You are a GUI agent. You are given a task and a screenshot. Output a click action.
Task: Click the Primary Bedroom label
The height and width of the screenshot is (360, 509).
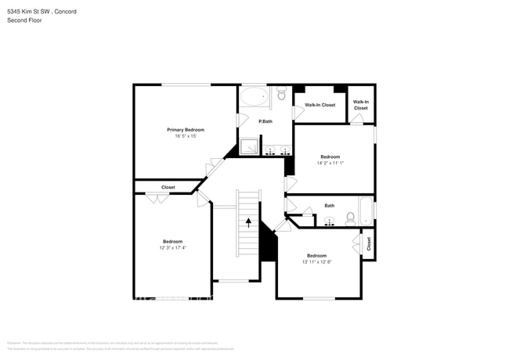click(x=186, y=129)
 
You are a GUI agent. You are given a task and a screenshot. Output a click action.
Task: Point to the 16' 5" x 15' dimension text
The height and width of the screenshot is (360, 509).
click(x=186, y=136)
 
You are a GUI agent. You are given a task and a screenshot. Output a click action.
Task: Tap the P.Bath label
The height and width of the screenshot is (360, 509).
click(x=265, y=121)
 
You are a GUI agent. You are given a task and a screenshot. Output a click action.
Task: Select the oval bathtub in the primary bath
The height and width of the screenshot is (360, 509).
click(x=254, y=98)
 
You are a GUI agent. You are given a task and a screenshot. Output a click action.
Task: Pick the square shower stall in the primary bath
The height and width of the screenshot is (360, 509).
click(x=251, y=146)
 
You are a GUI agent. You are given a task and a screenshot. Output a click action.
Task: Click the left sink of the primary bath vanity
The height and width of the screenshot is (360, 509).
click(x=271, y=149)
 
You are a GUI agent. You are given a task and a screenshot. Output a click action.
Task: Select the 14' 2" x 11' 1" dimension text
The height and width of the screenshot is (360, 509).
click(x=330, y=163)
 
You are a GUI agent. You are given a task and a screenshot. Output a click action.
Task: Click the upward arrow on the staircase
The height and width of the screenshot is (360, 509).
click(x=248, y=222)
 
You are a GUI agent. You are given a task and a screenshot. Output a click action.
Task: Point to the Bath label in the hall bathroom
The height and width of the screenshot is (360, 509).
click(x=330, y=206)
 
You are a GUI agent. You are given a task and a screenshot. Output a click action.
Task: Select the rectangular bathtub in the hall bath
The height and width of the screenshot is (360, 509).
click(x=366, y=212)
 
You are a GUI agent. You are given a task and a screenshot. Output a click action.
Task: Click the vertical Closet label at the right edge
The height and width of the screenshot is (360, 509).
click(x=368, y=244)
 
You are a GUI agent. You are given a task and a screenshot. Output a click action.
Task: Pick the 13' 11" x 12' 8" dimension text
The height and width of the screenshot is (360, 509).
click(x=316, y=262)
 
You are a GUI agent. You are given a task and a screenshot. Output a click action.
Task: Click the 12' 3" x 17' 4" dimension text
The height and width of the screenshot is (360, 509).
click(x=172, y=247)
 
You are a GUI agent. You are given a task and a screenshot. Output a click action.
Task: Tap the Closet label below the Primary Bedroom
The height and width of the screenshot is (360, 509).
click(x=168, y=187)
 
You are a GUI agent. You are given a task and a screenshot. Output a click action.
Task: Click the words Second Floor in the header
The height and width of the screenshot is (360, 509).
click(x=26, y=20)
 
